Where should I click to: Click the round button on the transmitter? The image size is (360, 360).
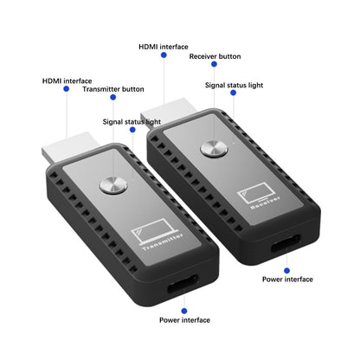[113, 185]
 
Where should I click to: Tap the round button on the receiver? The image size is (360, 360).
[215, 149]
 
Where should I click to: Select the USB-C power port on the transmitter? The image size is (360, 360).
[183, 284]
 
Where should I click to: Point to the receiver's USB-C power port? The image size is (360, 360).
[286, 244]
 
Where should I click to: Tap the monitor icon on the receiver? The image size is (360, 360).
[256, 192]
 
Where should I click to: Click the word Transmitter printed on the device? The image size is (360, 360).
[163, 241]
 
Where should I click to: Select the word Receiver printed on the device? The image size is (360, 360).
[266, 202]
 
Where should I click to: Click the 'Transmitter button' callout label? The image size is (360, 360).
[113, 89]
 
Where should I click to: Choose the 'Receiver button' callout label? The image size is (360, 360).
[215, 56]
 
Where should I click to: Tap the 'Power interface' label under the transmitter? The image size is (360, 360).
[184, 320]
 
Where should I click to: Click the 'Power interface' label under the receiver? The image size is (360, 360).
[287, 280]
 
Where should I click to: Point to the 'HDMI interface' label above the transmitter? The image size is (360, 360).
[67, 80]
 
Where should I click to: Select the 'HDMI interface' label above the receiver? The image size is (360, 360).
[164, 47]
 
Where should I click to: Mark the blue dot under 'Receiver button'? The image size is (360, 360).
[214, 64]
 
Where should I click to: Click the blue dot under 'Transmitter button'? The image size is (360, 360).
[113, 97]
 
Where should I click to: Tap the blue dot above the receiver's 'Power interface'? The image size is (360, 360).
[286, 271]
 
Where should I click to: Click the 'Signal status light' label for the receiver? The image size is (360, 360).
[234, 85]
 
